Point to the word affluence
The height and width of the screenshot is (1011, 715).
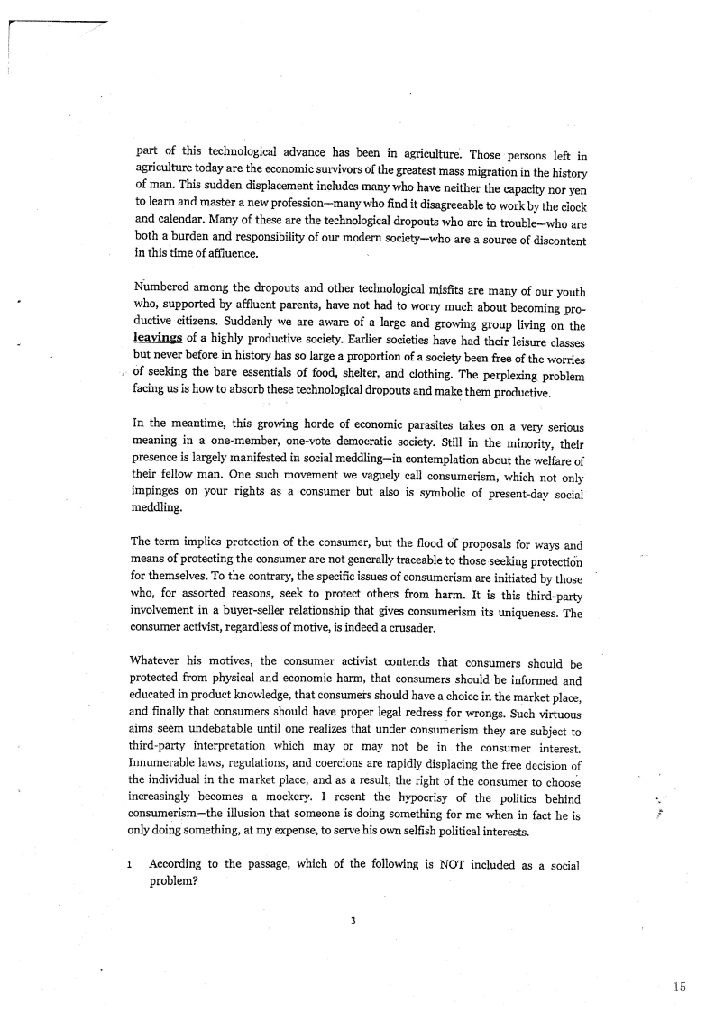point(227,253)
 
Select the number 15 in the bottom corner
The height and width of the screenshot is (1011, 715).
point(679,987)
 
